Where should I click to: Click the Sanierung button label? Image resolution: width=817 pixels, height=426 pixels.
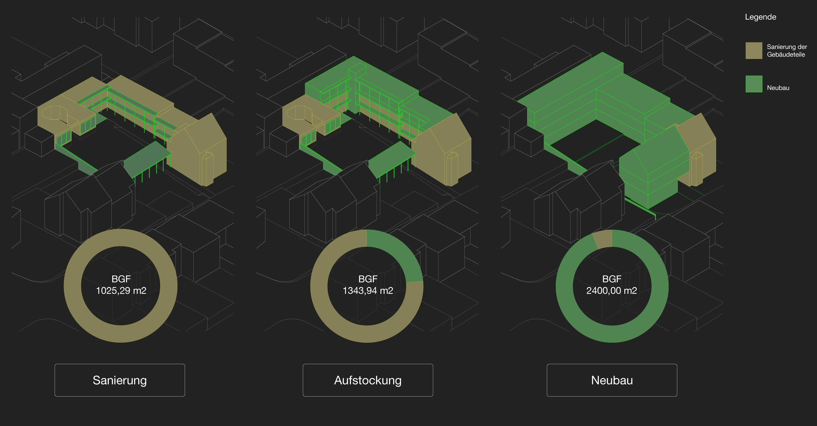pos(120,380)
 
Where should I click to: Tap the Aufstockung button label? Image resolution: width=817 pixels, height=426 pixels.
pos(368,380)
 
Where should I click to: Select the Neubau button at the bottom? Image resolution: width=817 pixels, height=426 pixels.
pos(612,380)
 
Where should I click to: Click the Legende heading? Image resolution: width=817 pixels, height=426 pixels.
pos(760,17)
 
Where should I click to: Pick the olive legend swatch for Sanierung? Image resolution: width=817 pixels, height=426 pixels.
pos(753,50)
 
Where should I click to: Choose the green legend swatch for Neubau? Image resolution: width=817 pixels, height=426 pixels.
pos(753,84)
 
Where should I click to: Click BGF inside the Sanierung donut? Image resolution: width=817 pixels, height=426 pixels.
pos(121,279)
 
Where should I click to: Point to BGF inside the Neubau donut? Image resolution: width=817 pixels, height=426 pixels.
pos(612,279)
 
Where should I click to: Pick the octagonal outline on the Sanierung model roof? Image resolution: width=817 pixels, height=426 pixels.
pos(54,113)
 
